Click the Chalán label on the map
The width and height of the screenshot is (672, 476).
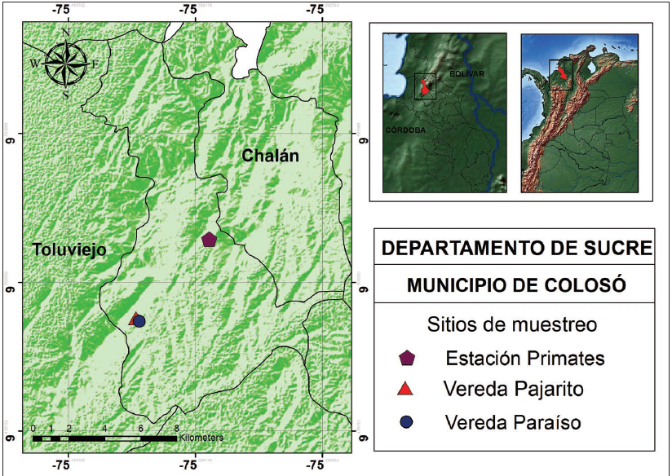pyautogui.click(x=271, y=156)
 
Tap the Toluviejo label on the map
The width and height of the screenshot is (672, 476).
pyautogui.click(x=70, y=250)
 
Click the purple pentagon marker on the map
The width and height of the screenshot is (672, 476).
pyautogui.click(x=209, y=239)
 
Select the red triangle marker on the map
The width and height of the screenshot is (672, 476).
pyautogui.click(x=134, y=318)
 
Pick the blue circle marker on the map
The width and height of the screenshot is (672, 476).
pyautogui.click(x=139, y=322)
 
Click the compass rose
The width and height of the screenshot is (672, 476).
pyautogui.click(x=66, y=64)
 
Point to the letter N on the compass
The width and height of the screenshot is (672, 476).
pyautogui.click(x=66, y=33)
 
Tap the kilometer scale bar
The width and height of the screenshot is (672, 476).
pyautogui.click(x=104, y=439)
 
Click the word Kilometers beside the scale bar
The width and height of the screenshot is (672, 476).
pyautogui.click(x=201, y=438)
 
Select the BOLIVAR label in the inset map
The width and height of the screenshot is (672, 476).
pyautogui.click(x=466, y=74)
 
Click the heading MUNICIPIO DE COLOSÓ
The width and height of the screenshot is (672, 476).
pyautogui.click(x=516, y=285)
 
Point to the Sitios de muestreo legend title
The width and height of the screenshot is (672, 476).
pyautogui.click(x=511, y=324)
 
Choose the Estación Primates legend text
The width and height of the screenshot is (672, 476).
pyautogui.click(x=524, y=358)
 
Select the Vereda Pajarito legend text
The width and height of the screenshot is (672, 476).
pyautogui.click(x=514, y=390)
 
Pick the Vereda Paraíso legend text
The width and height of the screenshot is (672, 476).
pyautogui.click(x=513, y=422)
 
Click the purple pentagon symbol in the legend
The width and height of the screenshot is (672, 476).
pyautogui.click(x=407, y=358)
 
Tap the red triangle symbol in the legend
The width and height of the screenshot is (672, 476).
pyautogui.click(x=407, y=390)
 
